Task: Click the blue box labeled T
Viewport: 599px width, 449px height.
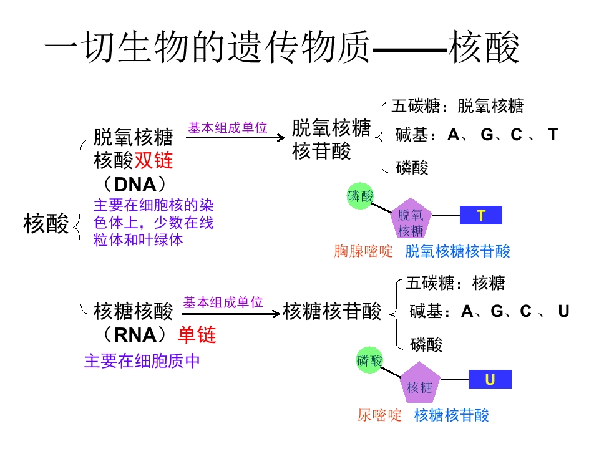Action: point(480,216)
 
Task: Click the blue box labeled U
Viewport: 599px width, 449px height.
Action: point(490,379)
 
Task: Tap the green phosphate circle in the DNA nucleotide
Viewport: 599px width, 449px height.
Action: point(360,196)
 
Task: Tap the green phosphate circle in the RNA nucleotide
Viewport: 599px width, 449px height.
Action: point(369,360)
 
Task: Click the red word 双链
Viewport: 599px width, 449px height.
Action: point(153,161)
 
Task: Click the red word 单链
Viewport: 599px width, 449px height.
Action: point(197,335)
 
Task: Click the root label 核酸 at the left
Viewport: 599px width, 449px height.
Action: point(46,223)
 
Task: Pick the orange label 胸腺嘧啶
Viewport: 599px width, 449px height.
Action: point(364,251)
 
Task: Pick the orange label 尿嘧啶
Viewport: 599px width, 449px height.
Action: point(379,415)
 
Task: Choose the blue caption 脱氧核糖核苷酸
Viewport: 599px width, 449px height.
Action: point(457,251)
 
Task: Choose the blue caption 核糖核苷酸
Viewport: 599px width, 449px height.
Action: point(451,415)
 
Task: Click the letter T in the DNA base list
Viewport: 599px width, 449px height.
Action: point(552,134)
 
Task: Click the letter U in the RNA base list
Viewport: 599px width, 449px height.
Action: point(563,311)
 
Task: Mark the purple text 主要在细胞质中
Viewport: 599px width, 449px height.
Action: point(142,361)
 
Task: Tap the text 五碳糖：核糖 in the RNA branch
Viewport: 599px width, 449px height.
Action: point(455,283)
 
